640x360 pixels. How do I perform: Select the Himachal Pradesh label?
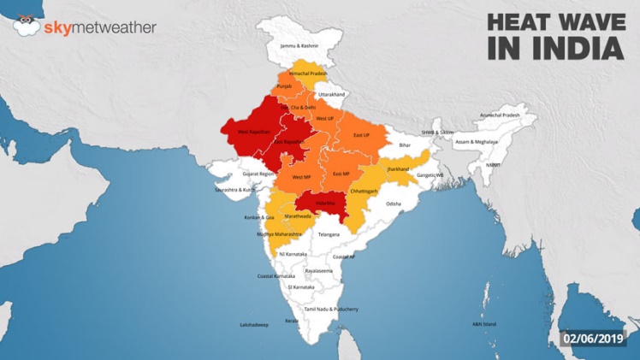point(308,74)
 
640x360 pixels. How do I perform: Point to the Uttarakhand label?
point(332,94)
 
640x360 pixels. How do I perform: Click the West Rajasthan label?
point(254,133)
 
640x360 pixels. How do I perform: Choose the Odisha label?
point(393,204)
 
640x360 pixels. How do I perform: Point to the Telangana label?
point(329,233)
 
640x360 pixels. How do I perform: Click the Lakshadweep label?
point(253,325)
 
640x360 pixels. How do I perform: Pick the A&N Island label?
point(483,324)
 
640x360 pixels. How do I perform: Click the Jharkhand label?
point(398,169)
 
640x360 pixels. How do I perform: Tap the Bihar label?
point(405,145)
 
